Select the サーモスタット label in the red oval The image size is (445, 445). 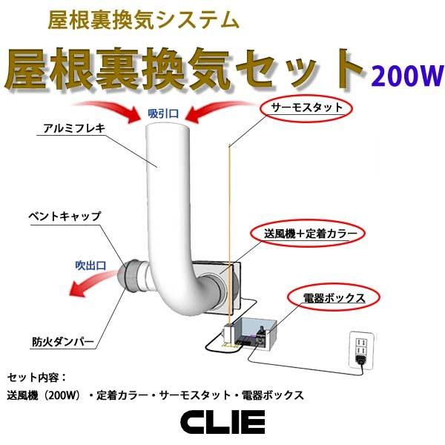306,108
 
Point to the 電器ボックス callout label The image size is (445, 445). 334,298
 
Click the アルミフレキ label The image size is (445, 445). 74,128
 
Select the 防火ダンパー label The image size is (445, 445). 62,342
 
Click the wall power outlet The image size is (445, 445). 360,347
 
